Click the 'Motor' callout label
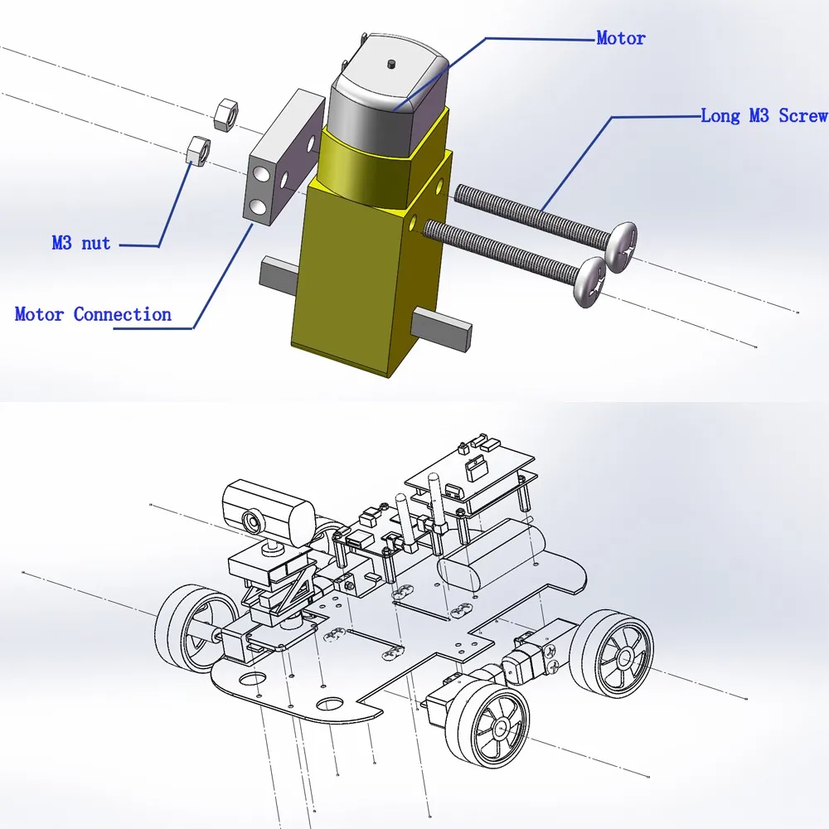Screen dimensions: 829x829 coord(621,38)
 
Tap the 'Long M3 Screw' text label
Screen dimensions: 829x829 coord(764,116)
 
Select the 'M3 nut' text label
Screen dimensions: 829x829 coord(81,243)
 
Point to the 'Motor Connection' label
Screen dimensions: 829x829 coord(93,314)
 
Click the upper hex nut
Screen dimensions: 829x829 coord(226,113)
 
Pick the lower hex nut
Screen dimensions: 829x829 coord(199,150)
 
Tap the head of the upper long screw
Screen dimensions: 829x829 coord(623,247)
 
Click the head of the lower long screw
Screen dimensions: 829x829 coord(590,282)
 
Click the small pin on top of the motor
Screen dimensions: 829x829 coord(391,64)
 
